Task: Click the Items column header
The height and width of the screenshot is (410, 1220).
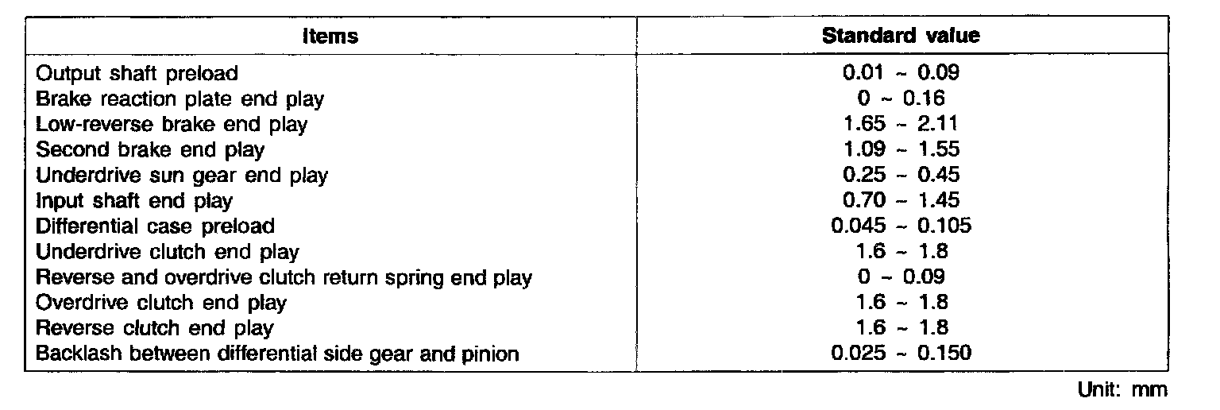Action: (x=331, y=37)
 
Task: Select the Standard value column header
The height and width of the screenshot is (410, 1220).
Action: (x=900, y=37)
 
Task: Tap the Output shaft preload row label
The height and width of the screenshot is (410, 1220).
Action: (x=137, y=74)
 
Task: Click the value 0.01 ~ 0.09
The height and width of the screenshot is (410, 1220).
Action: (x=901, y=74)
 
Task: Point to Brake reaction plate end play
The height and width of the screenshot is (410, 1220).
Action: (x=180, y=99)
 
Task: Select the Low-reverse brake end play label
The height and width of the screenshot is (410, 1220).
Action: (x=172, y=125)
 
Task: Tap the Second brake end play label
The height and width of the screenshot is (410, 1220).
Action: (x=150, y=149)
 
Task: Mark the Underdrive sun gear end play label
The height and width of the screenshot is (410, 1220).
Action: (x=182, y=175)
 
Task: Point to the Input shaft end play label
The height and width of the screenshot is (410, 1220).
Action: (x=134, y=200)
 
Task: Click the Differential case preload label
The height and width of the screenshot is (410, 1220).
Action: (x=156, y=226)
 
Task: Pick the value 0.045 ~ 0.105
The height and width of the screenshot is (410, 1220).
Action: (x=901, y=226)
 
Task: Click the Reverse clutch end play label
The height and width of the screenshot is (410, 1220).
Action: (x=155, y=327)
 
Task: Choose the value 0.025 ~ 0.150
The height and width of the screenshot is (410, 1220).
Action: (x=901, y=353)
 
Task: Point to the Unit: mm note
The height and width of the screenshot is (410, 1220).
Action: (x=1123, y=390)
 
